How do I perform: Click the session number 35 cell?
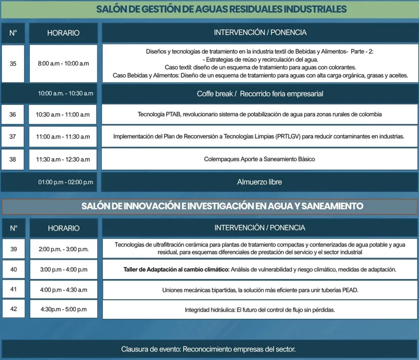(13, 63)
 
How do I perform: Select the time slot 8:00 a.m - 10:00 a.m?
(63, 63)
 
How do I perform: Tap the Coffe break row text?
(260, 94)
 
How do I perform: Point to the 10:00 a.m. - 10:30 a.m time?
(65, 93)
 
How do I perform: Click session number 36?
(13, 115)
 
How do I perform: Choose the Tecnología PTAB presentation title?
(259, 115)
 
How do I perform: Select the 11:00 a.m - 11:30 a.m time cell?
(63, 137)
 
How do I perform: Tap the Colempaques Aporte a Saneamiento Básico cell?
(259, 159)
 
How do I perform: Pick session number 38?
(13, 159)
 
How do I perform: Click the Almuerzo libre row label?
(259, 182)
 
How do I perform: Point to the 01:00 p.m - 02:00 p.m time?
(65, 182)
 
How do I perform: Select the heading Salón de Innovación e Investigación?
(222, 206)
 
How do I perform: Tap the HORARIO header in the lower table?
(63, 228)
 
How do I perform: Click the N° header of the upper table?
(13, 33)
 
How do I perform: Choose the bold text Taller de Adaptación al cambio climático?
(176, 269)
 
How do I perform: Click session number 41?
(14, 290)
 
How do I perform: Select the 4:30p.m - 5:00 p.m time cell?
(63, 309)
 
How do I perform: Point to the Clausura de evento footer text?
(208, 349)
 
